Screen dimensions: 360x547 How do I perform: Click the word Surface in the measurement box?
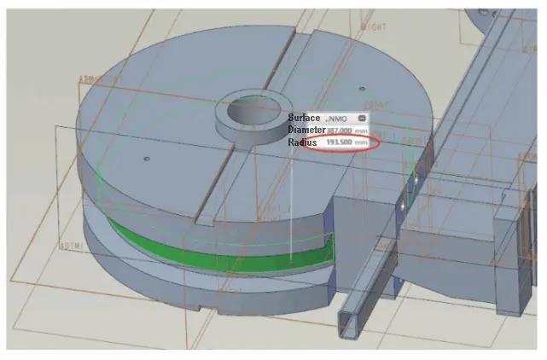(303, 117)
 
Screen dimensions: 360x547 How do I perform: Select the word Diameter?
(306, 130)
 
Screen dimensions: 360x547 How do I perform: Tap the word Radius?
(302, 142)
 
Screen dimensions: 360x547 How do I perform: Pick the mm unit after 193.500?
(363, 142)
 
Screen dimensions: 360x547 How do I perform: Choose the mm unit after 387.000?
(363, 130)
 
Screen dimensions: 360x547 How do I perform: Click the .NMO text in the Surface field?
(336, 118)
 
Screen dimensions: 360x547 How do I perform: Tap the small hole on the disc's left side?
(148, 159)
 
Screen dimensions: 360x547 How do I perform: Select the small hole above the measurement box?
(363, 88)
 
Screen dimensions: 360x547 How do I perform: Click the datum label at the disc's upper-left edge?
(99, 79)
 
